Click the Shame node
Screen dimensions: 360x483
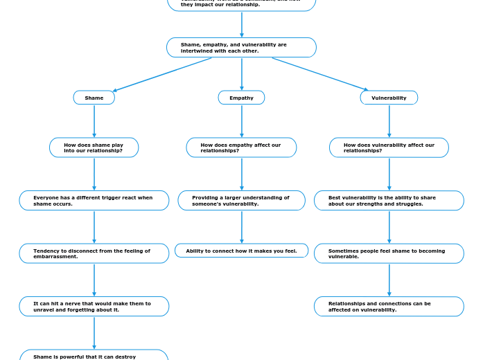94,98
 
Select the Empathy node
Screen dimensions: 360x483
241,98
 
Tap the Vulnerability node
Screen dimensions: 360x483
389,98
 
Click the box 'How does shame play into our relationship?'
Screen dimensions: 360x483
94,147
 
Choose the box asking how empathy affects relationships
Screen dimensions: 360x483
241,147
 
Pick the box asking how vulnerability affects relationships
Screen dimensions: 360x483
389,147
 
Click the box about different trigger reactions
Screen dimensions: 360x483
94,201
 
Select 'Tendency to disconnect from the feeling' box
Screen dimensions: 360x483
94,253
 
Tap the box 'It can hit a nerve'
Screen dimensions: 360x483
94,306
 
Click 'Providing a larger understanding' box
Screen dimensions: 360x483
241,201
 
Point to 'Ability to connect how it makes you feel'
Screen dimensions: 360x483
241,251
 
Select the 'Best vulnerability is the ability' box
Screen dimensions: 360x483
389,201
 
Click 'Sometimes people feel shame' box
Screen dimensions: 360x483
389,253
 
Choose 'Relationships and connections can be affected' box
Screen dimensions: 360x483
389,306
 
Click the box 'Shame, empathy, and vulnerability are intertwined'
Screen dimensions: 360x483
241,47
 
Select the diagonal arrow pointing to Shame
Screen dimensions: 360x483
163,74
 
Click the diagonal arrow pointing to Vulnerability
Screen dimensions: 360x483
319,74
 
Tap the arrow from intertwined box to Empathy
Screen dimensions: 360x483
242,74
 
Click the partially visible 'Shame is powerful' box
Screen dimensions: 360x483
94,355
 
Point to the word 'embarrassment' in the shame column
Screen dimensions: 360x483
55,257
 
